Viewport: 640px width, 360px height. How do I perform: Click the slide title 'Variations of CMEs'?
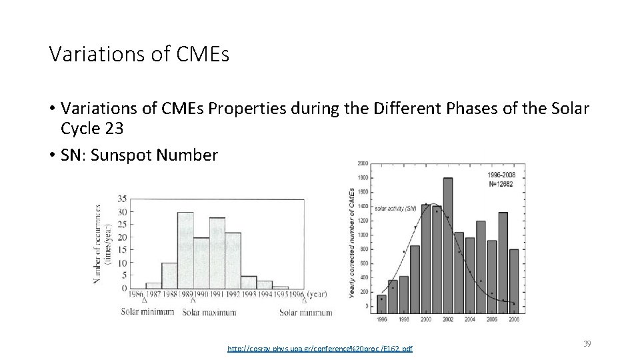tap(139, 54)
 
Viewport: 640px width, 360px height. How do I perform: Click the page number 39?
tap(587, 343)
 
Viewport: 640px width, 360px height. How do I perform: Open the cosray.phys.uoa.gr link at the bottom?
tap(319, 349)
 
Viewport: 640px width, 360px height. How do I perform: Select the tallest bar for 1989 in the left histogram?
tap(185, 250)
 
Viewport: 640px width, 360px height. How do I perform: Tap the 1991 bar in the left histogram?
tap(217, 253)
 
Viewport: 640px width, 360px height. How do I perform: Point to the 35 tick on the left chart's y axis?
tap(121, 199)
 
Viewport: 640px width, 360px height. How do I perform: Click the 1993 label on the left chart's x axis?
tap(249, 294)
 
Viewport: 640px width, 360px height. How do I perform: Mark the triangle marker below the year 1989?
tap(193, 301)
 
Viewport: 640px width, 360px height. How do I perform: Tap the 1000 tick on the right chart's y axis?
tap(363, 235)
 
